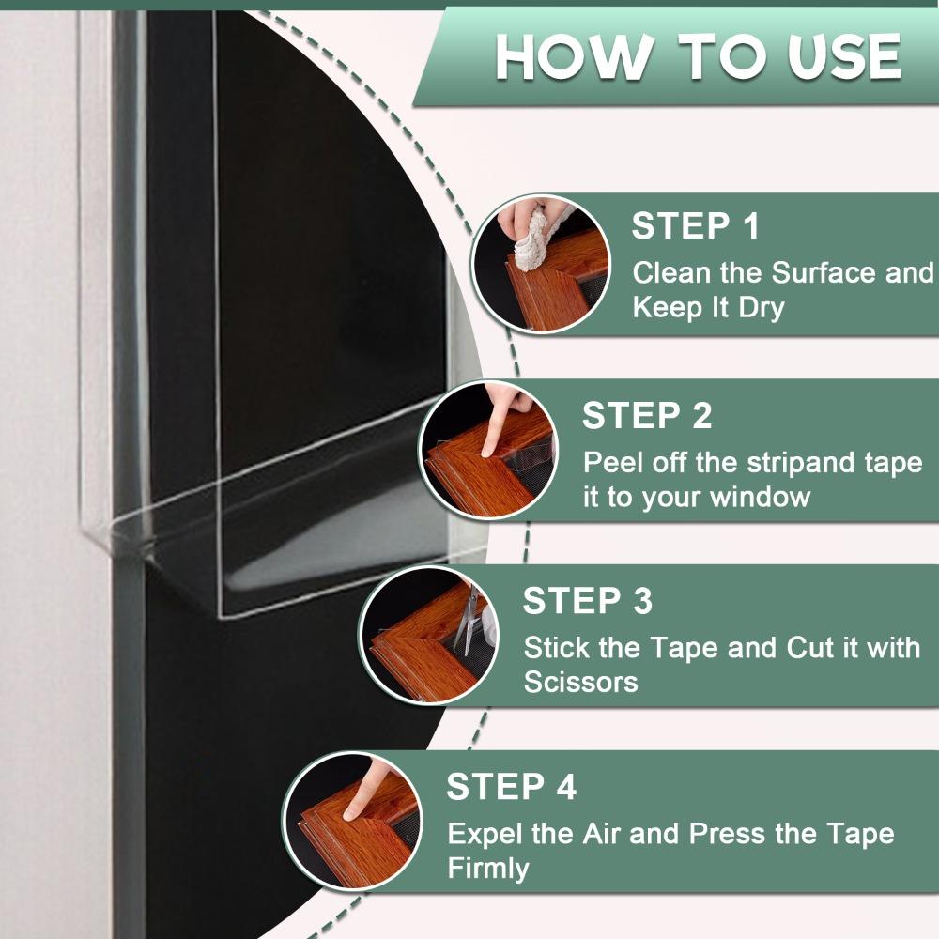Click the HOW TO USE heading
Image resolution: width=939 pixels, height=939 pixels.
click(x=698, y=58)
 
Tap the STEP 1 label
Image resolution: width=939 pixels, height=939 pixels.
click(x=695, y=226)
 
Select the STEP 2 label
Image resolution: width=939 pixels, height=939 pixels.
click(x=647, y=415)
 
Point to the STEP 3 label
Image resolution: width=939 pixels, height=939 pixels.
click(x=588, y=601)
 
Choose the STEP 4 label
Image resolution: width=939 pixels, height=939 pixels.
click(x=511, y=787)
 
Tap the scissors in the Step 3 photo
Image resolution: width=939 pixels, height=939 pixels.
click(x=466, y=624)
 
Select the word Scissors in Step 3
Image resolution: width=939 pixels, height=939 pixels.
click(x=580, y=682)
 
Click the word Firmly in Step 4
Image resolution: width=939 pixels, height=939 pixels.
click(x=488, y=868)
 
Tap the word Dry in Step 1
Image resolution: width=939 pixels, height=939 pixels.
click(x=761, y=308)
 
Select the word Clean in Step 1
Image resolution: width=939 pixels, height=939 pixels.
click(x=670, y=273)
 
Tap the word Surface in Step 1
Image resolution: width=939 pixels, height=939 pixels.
click(x=816, y=273)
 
